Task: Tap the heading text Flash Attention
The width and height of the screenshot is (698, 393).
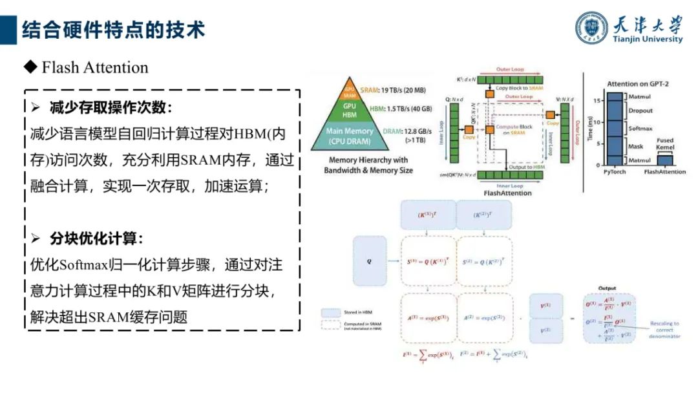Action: pyautogui.click(x=94, y=67)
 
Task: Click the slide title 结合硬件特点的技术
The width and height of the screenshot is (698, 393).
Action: pyautogui.click(x=114, y=29)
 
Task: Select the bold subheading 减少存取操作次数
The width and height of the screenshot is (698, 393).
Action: pyautogui.click(x=111, y=107)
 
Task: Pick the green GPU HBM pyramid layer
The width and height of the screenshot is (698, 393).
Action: pyautogui.click(x=350, y=109)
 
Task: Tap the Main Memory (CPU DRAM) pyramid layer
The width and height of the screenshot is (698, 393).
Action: pyautogui.click(x=350, y=135)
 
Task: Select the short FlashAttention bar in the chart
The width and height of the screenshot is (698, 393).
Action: pyautogui.click(x=660, y=160)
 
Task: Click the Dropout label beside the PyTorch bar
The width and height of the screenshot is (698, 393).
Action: pyautogui.click(x=640, y=111)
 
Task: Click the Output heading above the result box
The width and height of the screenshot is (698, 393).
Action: pyautogui.click(x=607, y=288)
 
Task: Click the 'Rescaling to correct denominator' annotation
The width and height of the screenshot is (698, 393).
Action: pyautogui.click(x=664, y=329)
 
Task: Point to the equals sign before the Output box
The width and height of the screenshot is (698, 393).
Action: pyautogui.click(x=571, y=318)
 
